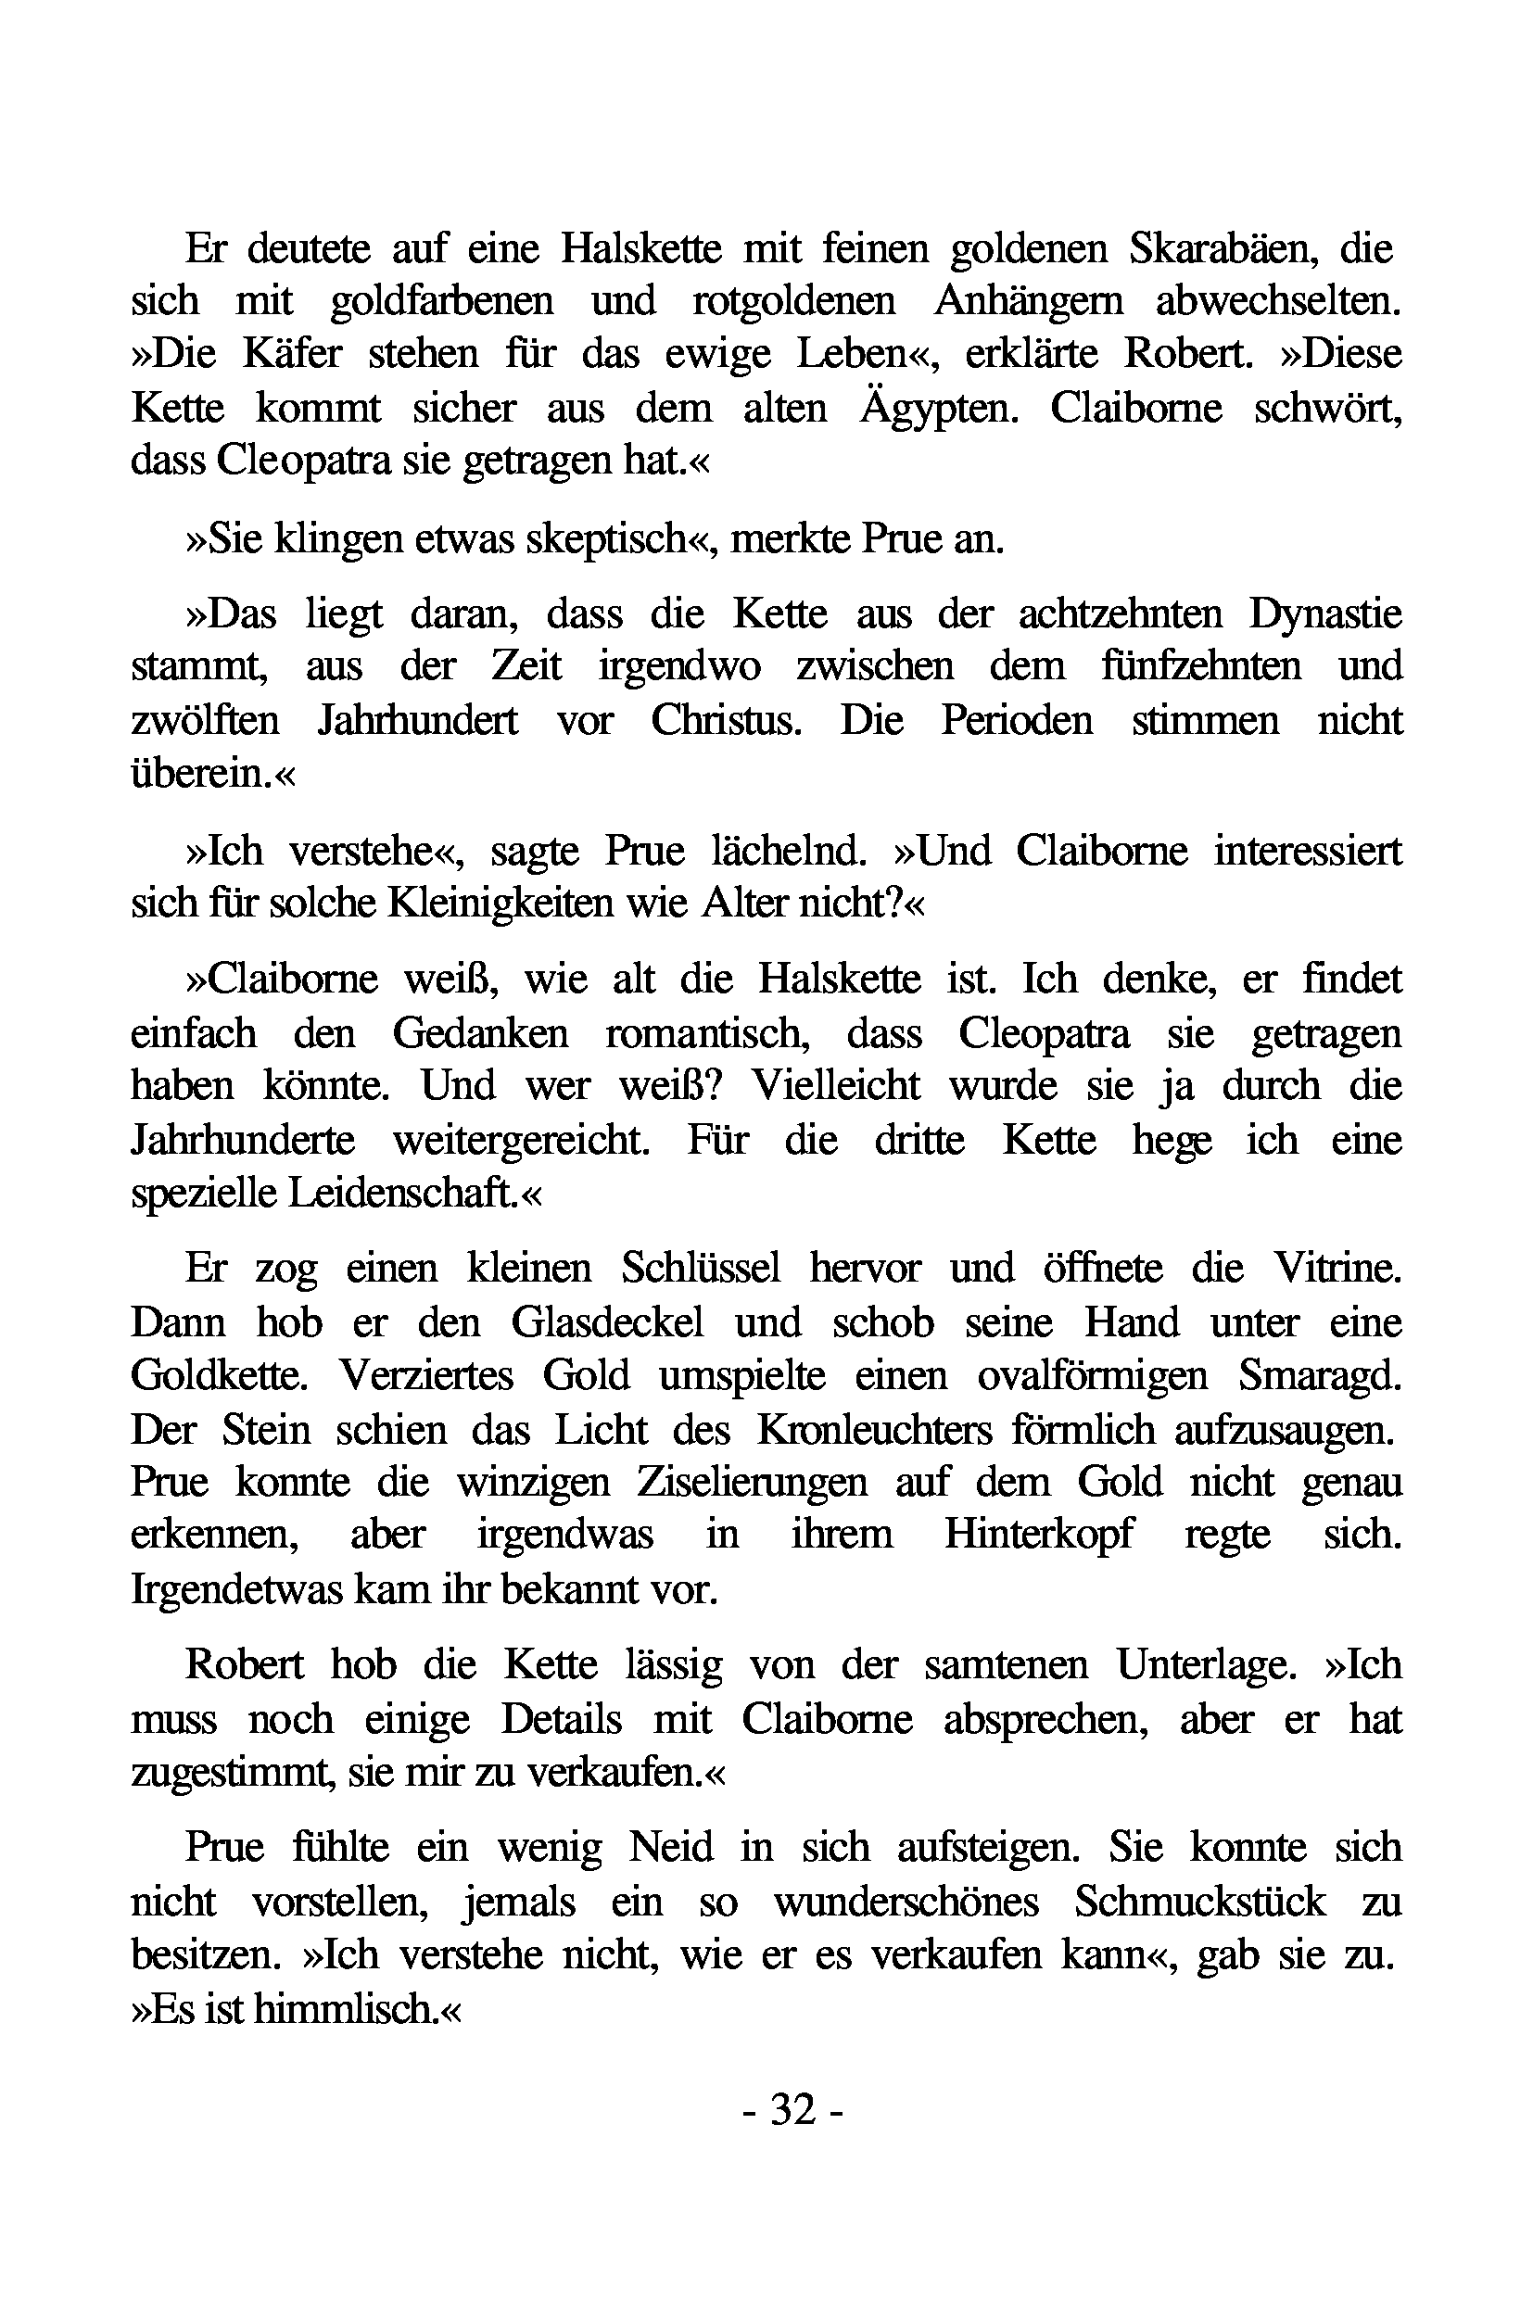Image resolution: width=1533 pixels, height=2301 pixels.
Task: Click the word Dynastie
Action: click(1324, 614)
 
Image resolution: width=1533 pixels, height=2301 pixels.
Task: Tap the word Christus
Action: click(726, 720)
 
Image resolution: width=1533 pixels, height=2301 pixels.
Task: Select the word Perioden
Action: click(1017, 720)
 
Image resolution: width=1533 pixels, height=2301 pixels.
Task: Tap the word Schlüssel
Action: click(701, 1269)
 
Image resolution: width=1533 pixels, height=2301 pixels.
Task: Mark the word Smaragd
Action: click(1320, 1375)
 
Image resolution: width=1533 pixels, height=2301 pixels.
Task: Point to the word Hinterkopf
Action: click(1038, 1534)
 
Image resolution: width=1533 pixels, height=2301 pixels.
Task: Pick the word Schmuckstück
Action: click(1199, 1902)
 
